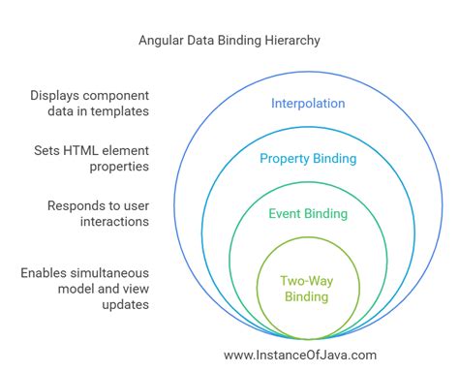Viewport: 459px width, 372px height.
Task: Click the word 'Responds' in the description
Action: pyautogui.click(x=74, y=206)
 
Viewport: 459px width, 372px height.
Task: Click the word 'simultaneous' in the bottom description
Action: pyautogui.click(x=117, y=273)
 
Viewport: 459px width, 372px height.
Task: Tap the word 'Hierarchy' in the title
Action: pyautogui.click(x=289, y=42)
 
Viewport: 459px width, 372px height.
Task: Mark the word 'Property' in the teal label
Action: pyautogui.click(x=283, y=158)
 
